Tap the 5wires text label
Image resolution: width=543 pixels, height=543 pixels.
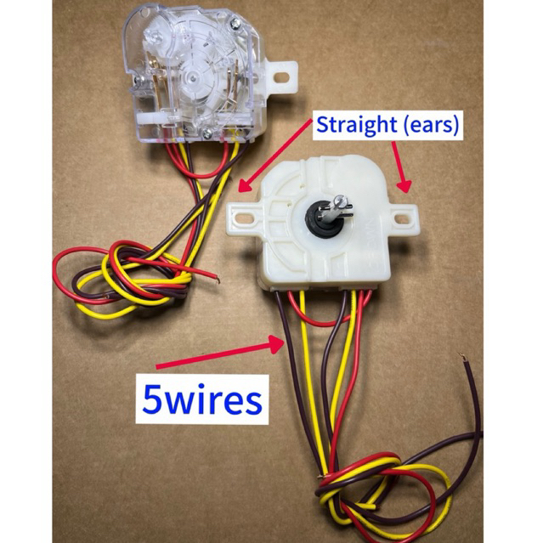(x=201, y=399)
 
